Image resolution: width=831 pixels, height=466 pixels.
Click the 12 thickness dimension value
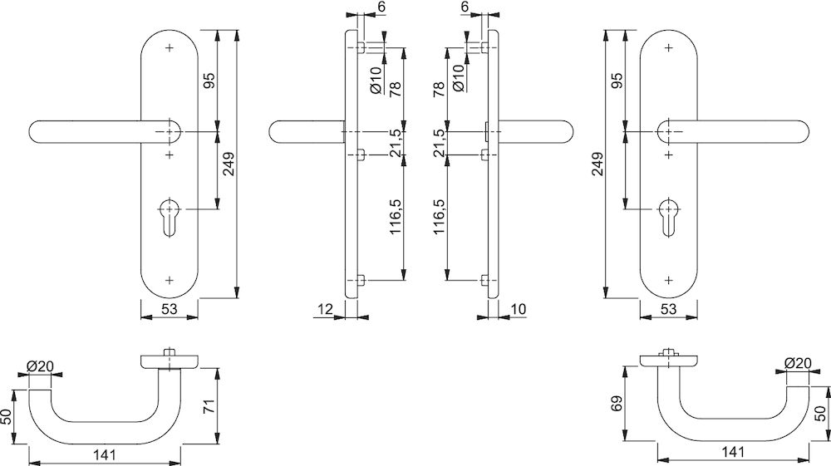[325, 309]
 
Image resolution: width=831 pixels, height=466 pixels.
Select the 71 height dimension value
[210, 407]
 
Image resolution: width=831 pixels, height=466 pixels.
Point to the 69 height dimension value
[617, 404]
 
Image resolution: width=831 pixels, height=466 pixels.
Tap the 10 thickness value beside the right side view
[520, 309]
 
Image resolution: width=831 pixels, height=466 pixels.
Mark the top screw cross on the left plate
[170, 48]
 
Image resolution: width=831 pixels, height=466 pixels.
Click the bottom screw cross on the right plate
[669, 280]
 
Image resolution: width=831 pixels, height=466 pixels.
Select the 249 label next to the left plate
[229, 164]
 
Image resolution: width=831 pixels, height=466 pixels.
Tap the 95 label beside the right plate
[617, 81]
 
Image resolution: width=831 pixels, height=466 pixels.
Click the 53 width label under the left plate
[169, 309]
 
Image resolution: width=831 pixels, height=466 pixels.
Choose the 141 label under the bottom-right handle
[733, 452]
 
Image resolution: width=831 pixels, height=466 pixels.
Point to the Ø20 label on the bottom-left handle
[40, 365]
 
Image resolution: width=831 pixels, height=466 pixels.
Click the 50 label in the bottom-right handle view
[820, 414]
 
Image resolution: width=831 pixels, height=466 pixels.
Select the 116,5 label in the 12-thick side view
[396, 218]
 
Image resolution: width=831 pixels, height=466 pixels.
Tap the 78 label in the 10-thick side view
[438, 89]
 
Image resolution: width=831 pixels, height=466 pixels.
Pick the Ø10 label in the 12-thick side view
[376, 81]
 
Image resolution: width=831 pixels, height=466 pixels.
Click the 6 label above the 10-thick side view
[465, 7]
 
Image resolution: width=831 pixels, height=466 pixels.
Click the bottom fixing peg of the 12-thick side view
[361, 280]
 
